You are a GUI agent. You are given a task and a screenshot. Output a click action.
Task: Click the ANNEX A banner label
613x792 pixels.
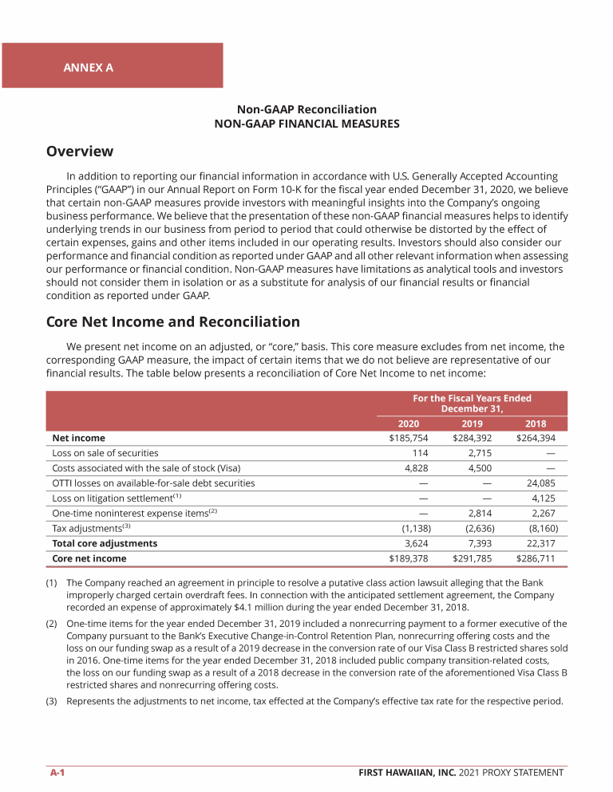tap(88, 68)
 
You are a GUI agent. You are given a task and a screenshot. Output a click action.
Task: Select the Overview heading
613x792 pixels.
tap(80, 152)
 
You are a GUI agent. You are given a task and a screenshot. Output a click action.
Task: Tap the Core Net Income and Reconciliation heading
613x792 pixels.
tap(173, 322)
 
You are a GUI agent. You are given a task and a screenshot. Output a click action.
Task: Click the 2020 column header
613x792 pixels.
tap(409, 424)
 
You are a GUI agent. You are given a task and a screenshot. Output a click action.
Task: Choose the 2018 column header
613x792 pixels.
tap(536, 424)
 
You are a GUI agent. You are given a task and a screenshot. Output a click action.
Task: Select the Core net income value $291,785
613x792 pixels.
tap(472, 558)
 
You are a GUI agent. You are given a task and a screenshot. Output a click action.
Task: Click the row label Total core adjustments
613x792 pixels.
tap(105, 543)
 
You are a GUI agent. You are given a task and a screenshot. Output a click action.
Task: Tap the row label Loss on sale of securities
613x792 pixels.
tap(105, 453)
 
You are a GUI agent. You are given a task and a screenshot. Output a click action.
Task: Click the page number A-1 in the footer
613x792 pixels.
tap(57, 772)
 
